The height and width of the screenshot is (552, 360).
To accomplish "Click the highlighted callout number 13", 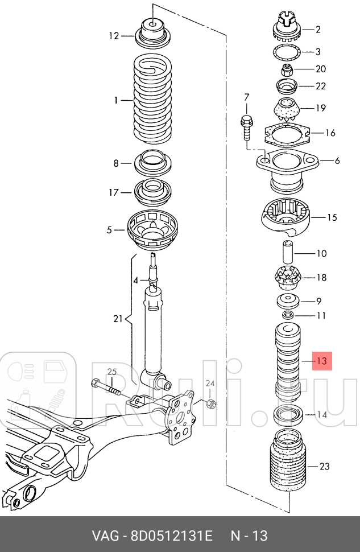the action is click(x=322, y=361).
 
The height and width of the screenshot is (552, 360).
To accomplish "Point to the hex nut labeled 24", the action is click(x=211, y=404).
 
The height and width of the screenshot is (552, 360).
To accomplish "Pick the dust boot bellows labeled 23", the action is click(x=287, y=462).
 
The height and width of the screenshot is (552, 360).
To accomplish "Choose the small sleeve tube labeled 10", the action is click(x=288, y=252).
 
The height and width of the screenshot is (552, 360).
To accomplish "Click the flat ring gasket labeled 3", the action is click(x=287, y=53).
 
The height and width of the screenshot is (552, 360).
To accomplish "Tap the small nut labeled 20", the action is click(x=287, y=69).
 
